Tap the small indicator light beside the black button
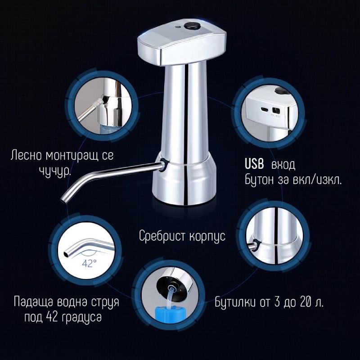click(x=177, y=27)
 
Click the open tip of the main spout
click(x=63, y=200)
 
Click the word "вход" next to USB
click(x=283, y=165)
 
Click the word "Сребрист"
click(x=162, y=236)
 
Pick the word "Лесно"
click(x=26, y=156)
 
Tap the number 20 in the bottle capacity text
click(x=306, y=302)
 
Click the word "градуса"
click(x=82, y=318)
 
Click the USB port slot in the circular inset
click(x=264, y=110)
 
